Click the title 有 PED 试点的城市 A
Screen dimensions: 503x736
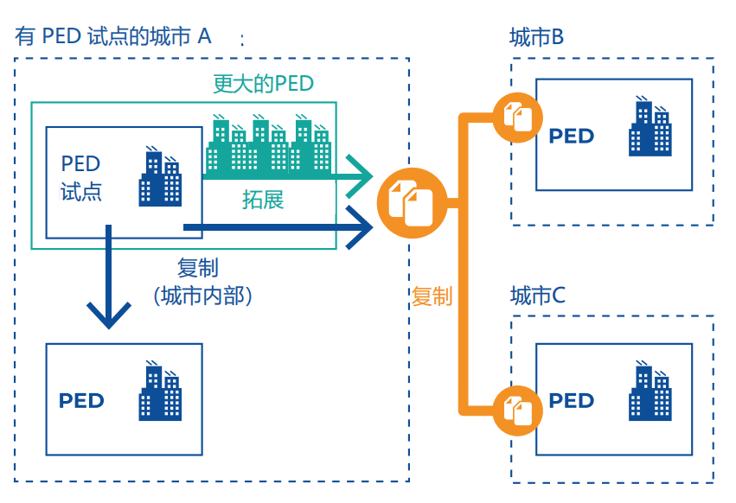click(x=112, y=36)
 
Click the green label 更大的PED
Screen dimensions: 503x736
click(x=263, y=84)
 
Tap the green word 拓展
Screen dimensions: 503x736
click(x=263, y=200)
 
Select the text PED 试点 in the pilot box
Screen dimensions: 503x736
click(x=81, y=177)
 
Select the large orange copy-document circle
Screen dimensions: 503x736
click(x=411, y=202)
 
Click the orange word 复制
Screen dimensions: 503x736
click(x=432, y=296)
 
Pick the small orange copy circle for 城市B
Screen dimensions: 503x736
click(x=517, y=116)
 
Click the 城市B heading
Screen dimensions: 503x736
click(x=537, y=37)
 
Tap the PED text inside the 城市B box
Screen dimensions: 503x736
click(x=571, y=136)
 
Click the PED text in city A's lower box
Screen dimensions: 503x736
click(x=81, y=401)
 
